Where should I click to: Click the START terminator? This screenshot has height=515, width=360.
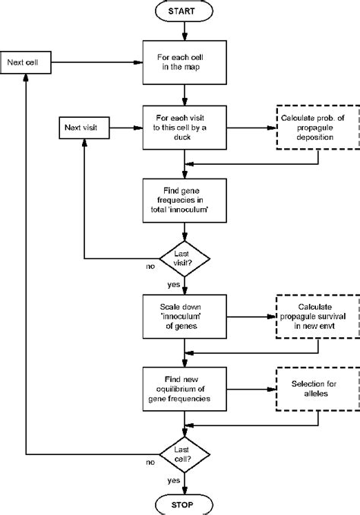point(184,12)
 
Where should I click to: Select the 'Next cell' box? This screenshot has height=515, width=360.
point(26,61)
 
